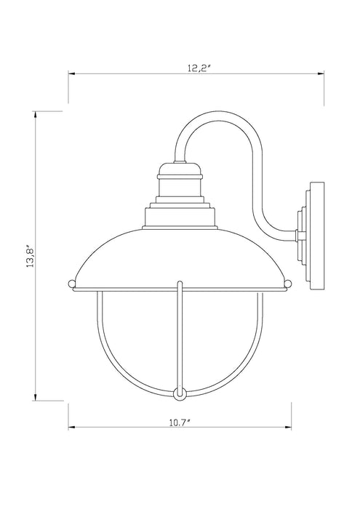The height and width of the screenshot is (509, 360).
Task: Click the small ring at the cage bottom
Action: click(179, 393)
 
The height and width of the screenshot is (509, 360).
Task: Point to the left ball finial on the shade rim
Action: click(71, 281)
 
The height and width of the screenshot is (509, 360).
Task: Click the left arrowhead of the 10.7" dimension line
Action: click(71, 428)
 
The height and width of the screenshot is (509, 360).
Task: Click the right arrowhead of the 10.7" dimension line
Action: click(287, 428)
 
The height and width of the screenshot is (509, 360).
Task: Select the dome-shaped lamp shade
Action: click(179, 254)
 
